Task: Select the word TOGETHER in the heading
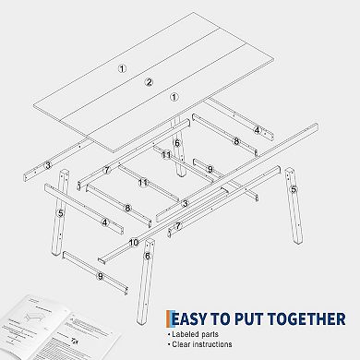point(307,319)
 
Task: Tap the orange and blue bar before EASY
point(168,319)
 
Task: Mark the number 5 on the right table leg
point(294,189)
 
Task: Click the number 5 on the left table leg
point(61,213)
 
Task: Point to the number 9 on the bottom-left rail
point(100,275)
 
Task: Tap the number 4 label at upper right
point(258,130)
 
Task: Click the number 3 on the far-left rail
point(47,165)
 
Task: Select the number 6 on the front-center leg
point(147,256)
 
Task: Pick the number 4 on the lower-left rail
point(105,222)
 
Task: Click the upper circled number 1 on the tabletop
point(121,68)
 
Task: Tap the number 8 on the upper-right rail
point(236,141)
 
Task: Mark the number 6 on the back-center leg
point(176,143)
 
